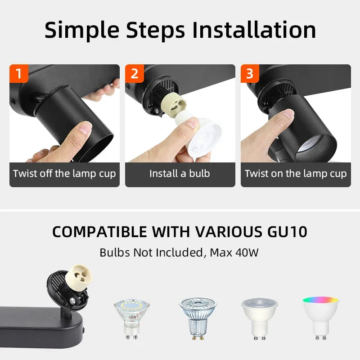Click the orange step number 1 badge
(x=18, y=73)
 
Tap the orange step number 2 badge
(x=134, y=73)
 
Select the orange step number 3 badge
(x=250, y=73)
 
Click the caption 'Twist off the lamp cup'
(x=64, y=174)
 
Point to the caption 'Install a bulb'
(x=180, y=174)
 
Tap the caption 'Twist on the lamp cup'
(x=296, y=174)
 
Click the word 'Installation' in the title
(x=254, y=30)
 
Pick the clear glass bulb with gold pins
(x=198, y=317)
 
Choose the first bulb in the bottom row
(x=131, y=318)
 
